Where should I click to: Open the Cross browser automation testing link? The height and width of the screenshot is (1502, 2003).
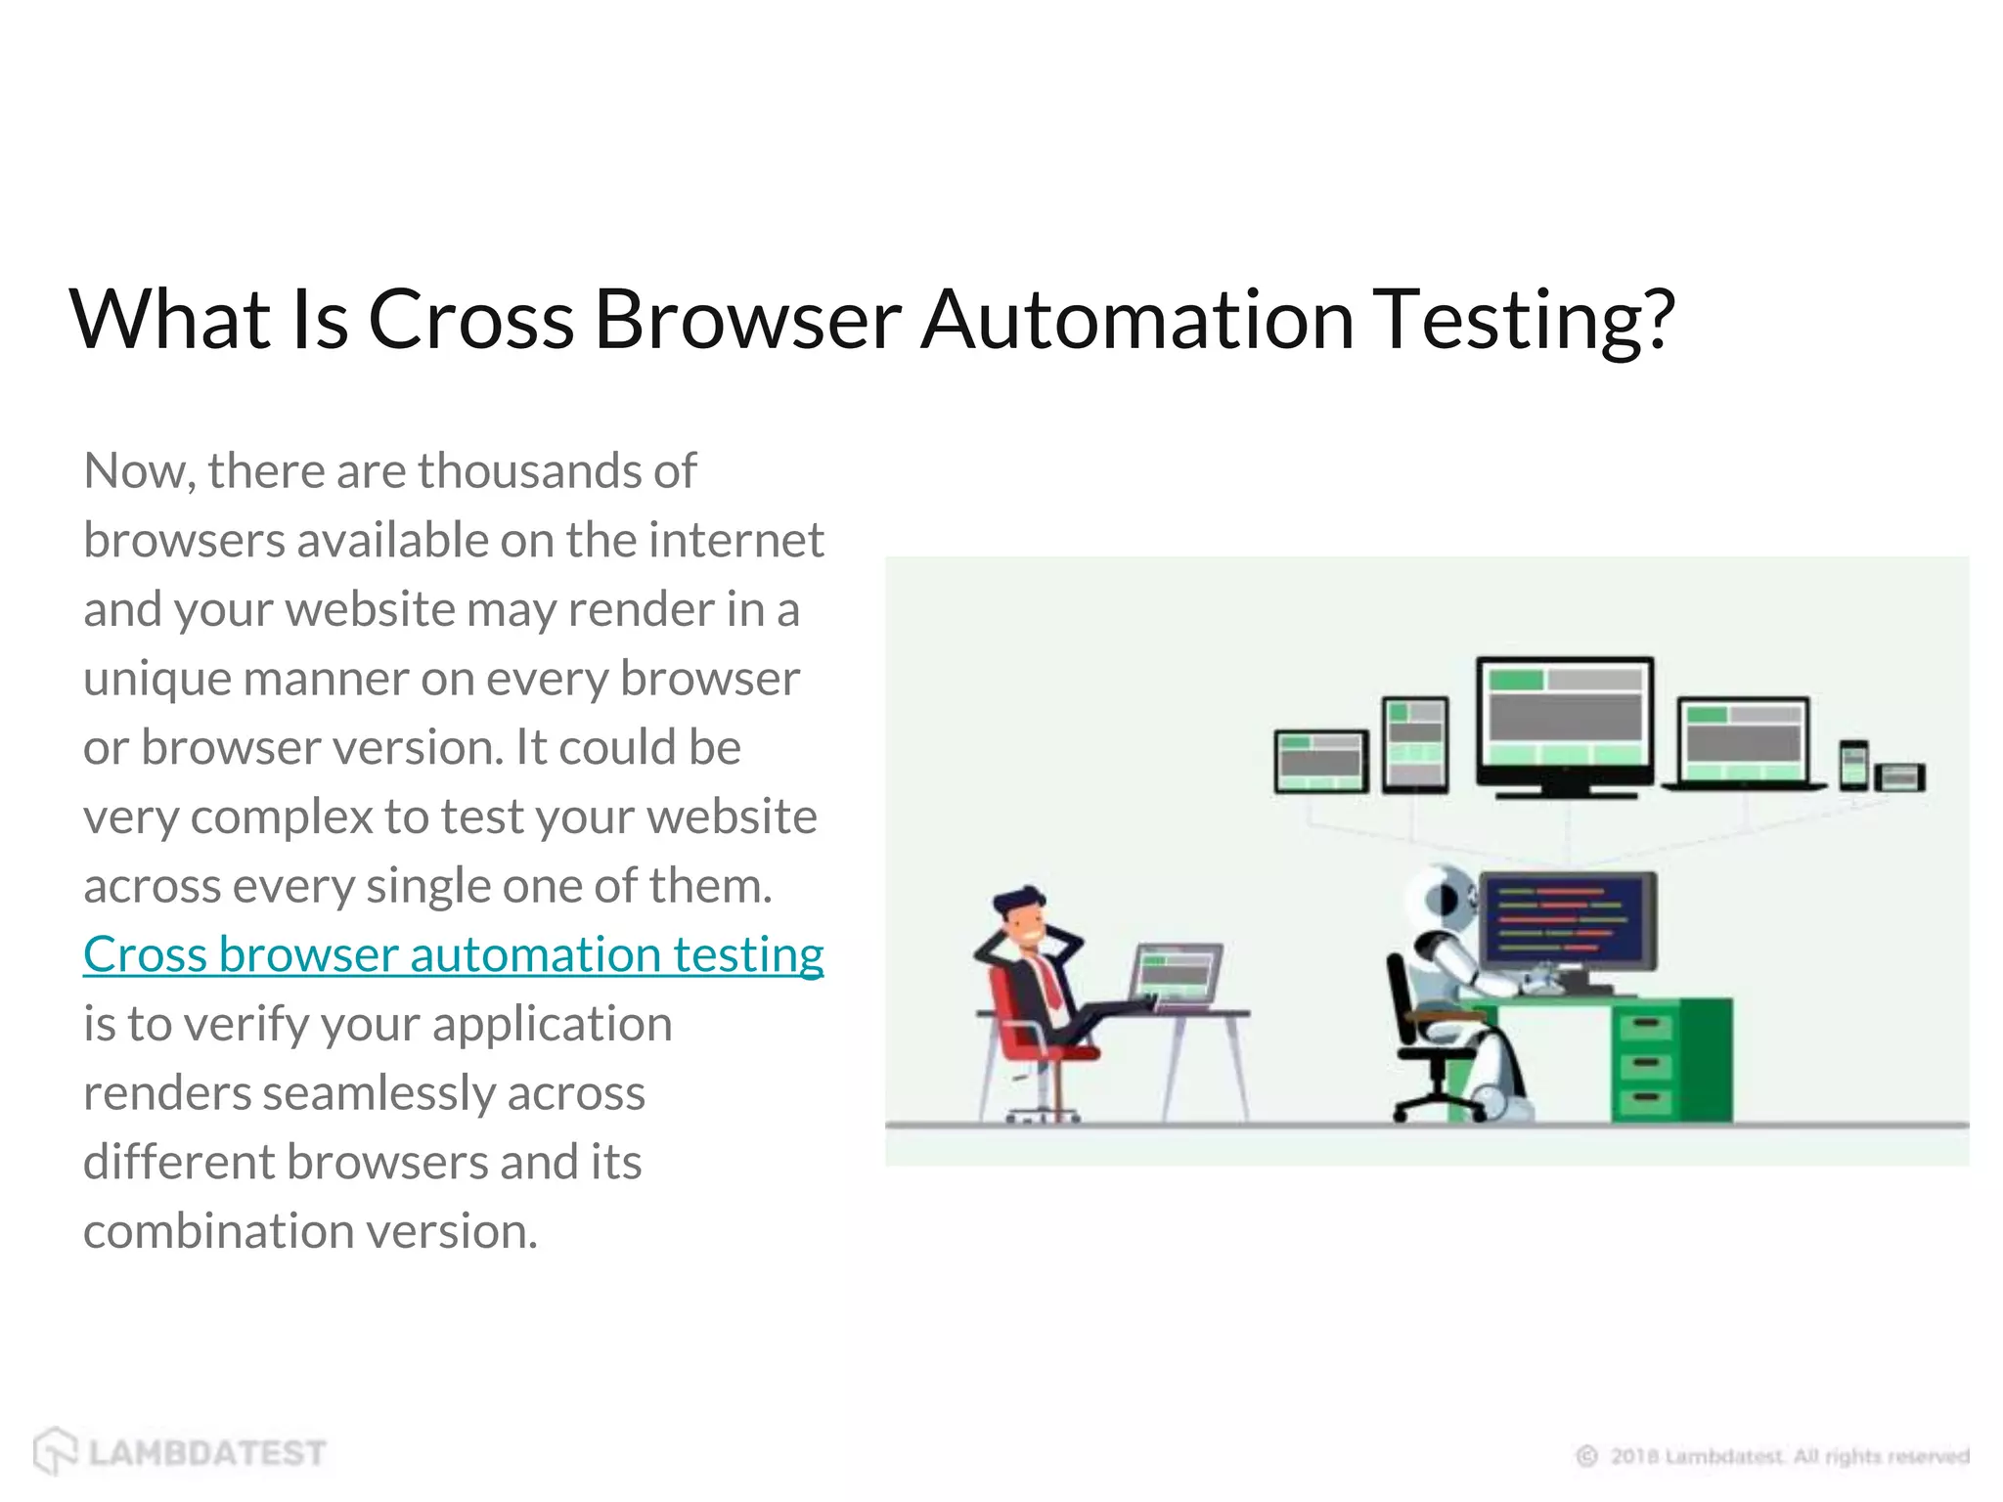pos(453,954)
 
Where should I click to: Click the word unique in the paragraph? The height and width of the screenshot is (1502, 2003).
pos(156,679)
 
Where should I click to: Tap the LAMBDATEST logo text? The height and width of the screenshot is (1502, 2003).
pos(206,1453)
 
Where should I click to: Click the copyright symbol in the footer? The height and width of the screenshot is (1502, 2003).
pos(1586,1456)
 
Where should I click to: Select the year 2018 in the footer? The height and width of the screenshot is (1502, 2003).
pos(1635,1456)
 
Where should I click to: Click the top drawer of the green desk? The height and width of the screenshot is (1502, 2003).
pos(1645,1026)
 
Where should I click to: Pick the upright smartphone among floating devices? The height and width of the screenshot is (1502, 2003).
pos(1853,764)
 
